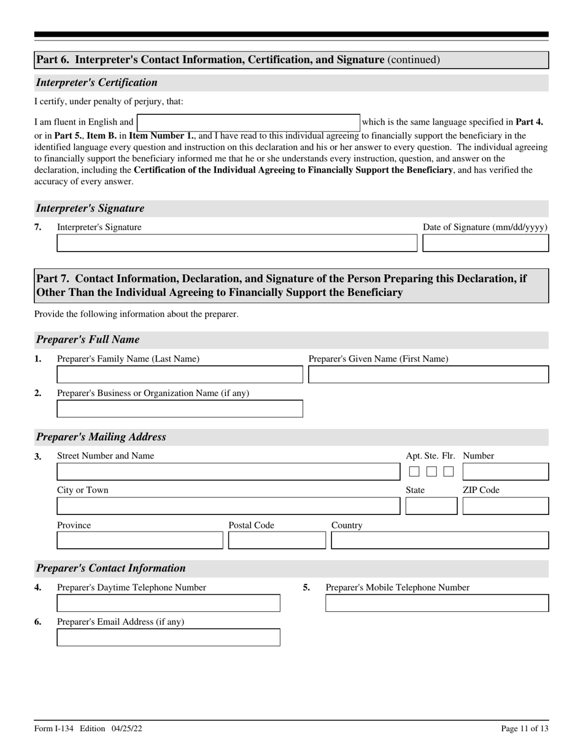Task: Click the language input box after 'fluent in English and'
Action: click(x=249, y=122)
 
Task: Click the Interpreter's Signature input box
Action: click(x=237, y=243)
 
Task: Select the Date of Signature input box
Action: click(x=485, y=243)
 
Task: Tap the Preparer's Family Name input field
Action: click(x=180, y=374)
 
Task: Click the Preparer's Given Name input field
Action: click(x=428, y=374)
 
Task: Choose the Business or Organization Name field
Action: click(x=180, y=409)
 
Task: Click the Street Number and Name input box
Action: click(x=228, y=471)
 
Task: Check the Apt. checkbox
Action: click(x=414, y=471)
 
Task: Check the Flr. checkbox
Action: click(x=449, y=471)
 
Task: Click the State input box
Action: click(x=431, y=506)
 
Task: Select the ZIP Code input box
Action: click(x=506, y=506)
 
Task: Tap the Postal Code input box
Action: click(x=277, y=540)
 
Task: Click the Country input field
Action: click(x=440, y=540)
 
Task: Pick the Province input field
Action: click(x=140, y=540)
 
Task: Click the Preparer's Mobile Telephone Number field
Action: click(x=437, y=603)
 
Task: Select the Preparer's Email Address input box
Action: click(x=168, y=638)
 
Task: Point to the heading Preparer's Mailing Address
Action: click(x=101, y=437)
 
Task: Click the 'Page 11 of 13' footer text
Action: click(x=524, y=729)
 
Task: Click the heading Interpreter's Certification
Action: click(x=97, y=83)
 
